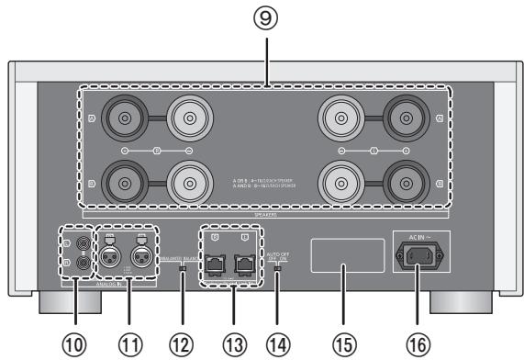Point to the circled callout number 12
(184, 343)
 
